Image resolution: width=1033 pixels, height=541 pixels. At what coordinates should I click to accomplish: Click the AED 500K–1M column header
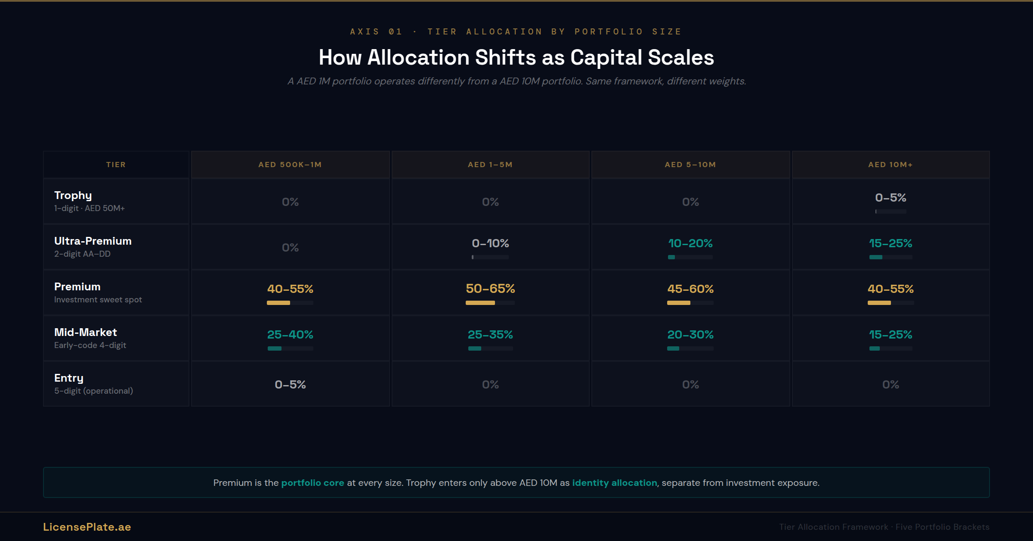click(x=290, y=165)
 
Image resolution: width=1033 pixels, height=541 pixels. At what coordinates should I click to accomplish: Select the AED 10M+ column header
click(x=890, y=165)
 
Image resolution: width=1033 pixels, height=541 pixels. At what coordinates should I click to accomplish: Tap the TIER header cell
click(x=116, y=165)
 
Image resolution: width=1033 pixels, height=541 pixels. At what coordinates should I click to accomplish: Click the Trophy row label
click(x=73, y=196)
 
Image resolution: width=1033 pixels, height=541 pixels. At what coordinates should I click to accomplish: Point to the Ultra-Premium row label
click(x=93, y=241)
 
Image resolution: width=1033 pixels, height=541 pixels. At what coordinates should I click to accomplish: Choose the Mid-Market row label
click(x=86, y=333)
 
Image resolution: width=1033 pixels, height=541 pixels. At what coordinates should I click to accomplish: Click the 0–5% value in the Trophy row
click(x=891, y=198)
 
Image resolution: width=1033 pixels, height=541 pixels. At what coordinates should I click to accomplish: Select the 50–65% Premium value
click(x=490, y=289)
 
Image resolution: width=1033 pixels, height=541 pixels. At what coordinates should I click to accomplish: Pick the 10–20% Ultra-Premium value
click(x=690, y=243)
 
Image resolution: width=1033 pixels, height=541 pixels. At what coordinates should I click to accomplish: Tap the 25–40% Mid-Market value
click(x=290, y=335)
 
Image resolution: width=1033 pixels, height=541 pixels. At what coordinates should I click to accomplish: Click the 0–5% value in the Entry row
click(x=290, y=385)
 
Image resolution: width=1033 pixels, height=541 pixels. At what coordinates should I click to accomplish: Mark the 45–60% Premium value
click(x=690, y=289)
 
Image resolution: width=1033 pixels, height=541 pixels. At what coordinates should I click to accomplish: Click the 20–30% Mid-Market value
click(x=690, y=335)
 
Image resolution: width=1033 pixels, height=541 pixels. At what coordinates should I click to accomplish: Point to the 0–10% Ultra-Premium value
click(x=490, y=243)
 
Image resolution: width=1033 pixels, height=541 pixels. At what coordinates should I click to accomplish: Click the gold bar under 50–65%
click(x=480, y=303)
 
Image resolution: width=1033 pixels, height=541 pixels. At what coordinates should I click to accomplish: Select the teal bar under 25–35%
click(x=475, y=348)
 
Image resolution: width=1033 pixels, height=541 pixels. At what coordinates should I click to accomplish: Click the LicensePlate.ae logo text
click(x=87, y=527)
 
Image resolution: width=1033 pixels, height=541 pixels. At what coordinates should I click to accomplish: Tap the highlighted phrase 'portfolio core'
click(x=312, y=483)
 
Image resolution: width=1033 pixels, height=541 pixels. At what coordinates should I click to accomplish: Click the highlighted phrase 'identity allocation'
click(x=614, y=483)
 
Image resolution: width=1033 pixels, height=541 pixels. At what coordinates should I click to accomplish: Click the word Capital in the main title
click(x=606, y=58)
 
